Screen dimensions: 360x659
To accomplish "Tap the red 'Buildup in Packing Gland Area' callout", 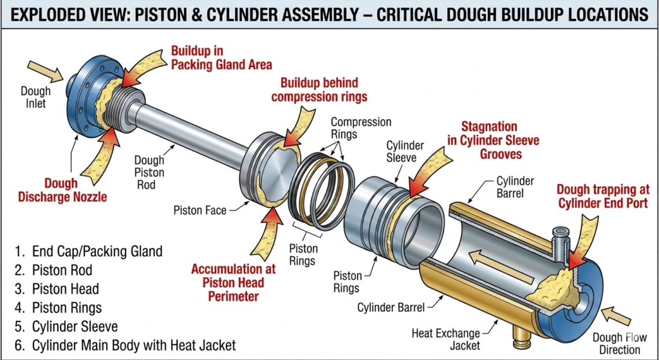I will (x=221, y=57).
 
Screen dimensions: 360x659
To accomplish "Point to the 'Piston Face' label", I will (x=200, y=210).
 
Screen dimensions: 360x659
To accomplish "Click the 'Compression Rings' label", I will (x=360, y=128).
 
